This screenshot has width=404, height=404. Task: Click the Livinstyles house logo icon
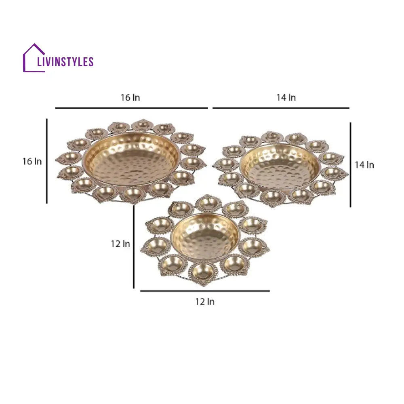click(x=34, y=58)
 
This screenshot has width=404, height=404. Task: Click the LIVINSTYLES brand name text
click(x=65, y=62)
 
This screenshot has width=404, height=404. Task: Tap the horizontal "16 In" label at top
click(x=130, y=98)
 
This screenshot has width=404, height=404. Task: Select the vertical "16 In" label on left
click(x=32, y=162)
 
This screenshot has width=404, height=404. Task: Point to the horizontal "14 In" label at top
click(x=286, y=98)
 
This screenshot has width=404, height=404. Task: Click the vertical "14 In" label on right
click(x=364, y=165)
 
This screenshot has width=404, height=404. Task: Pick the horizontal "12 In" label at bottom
click(x=205, y=302)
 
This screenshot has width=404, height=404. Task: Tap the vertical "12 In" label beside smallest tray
click(x=120, y=244)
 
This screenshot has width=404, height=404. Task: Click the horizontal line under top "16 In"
click(x=131, y=108)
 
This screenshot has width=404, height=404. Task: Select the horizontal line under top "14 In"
click(x=281, y=108)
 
